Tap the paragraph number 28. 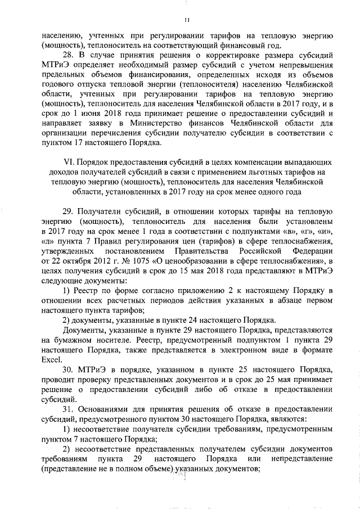68,55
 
